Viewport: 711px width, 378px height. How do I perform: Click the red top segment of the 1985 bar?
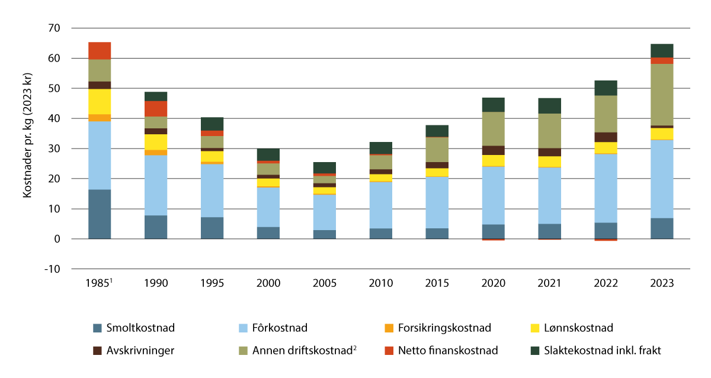point(100,51)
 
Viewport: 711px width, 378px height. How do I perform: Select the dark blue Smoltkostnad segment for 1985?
point(100,214)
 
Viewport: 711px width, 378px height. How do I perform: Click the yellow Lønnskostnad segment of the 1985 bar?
point(100,101)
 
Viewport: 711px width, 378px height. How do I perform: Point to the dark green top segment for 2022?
point(606,88)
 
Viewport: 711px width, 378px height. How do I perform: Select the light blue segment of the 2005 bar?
point(325,212)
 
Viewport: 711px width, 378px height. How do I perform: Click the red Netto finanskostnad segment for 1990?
point(156,109)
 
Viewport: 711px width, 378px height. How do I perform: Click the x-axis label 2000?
point(268,283)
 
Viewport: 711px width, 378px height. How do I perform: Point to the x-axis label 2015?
point(437,283)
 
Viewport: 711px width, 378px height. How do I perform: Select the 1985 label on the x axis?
point(98,283)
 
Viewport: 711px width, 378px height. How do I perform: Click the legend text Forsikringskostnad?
point(443,328)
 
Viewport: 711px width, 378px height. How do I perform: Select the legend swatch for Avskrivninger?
point(98,350)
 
